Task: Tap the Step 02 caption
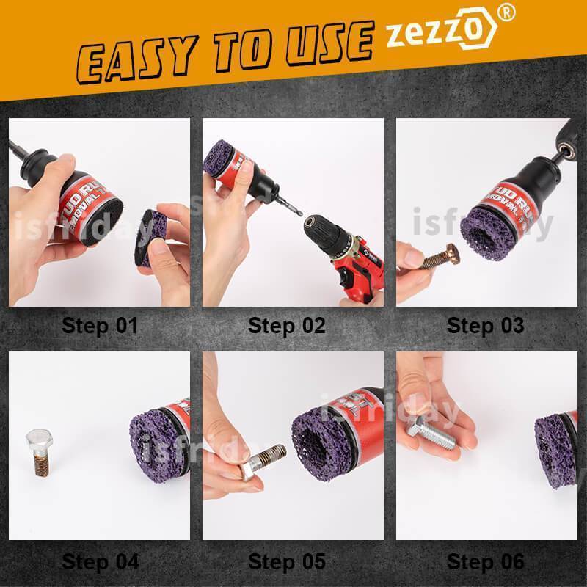tap(287, 325)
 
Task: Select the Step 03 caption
tap(486, 325)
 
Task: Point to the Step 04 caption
tap(100, 563)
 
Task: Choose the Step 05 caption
tap(287, 563)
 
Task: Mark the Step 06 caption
tap(486, 563)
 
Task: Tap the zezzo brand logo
tap(440, 33)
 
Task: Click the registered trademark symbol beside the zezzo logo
tap(505, 13)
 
